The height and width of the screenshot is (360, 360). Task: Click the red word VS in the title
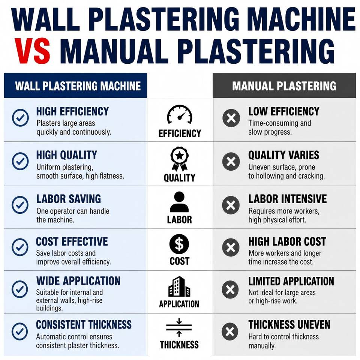[x=32, y=51]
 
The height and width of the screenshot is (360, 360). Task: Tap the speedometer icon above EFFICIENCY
[x=180, y=115]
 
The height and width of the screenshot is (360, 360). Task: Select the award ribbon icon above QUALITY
[x=180, y=159]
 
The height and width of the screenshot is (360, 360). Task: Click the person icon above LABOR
[x=179, y=202]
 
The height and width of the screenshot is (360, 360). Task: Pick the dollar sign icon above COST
[x=179, y=244]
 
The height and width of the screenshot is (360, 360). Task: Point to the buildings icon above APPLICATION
[x=179, y=286]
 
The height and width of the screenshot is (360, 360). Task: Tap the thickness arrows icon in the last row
[x=179, y=328]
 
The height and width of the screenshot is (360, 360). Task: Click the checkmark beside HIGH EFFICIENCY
[x=20, y=118]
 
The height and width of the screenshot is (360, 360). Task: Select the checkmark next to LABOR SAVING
[x=20, y=205]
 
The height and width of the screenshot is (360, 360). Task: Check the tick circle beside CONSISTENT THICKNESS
[x=20, y=331]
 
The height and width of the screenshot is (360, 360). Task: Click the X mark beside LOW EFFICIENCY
[x=231, y=118]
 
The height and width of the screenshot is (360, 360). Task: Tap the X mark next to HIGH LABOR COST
[x=231, y=247]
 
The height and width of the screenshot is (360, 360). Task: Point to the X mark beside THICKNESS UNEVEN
[x=230, y=331]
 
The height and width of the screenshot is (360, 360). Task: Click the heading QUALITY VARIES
[x=284, y=155]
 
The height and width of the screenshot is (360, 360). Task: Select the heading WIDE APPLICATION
[x=78, y=281]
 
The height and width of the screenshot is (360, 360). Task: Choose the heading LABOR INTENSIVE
[x=288, y=199]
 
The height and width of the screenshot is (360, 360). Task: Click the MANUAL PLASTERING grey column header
[x=284, y=85]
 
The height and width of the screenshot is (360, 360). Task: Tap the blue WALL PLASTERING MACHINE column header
[x=75, y=85]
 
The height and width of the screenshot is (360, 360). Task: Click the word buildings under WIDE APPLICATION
[x=49, y=308]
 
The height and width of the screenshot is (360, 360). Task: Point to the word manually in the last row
[x=262, y=346]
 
